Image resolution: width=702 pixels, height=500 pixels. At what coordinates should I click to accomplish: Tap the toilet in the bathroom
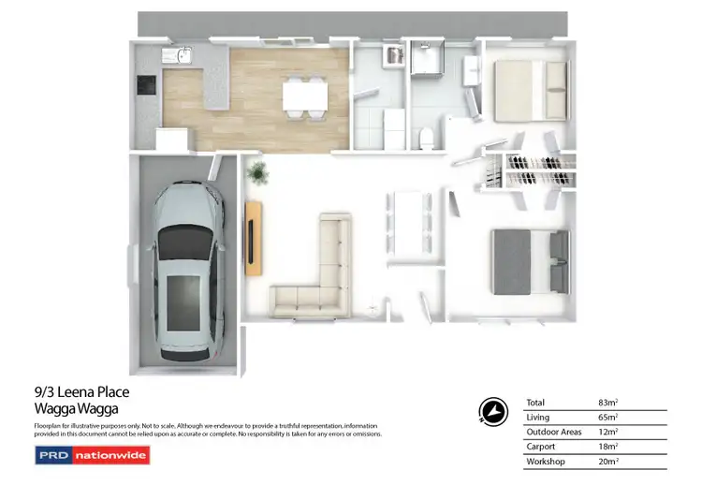(427, 139)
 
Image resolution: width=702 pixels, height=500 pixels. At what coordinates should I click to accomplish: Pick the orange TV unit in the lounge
(254, 239)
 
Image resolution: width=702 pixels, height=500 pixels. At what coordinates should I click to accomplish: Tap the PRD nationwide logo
(92, 456)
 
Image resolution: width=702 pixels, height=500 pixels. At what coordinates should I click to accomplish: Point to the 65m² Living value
(609, 418)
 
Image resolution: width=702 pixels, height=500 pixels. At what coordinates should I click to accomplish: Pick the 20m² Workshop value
(609, 462)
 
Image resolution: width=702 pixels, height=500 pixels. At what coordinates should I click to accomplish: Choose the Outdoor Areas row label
(554, 433)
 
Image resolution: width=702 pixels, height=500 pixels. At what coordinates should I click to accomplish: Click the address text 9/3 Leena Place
(74, 392)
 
